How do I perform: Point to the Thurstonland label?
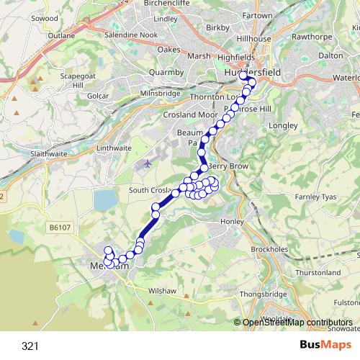pyautogui.click(x=318, y=273)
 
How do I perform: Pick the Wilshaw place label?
pyautogui.click(x=161, y=291)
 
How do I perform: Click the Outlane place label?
pyautogui.click(x=60, y=35)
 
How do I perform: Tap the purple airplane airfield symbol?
pyautogui.click(x=147, y=163)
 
